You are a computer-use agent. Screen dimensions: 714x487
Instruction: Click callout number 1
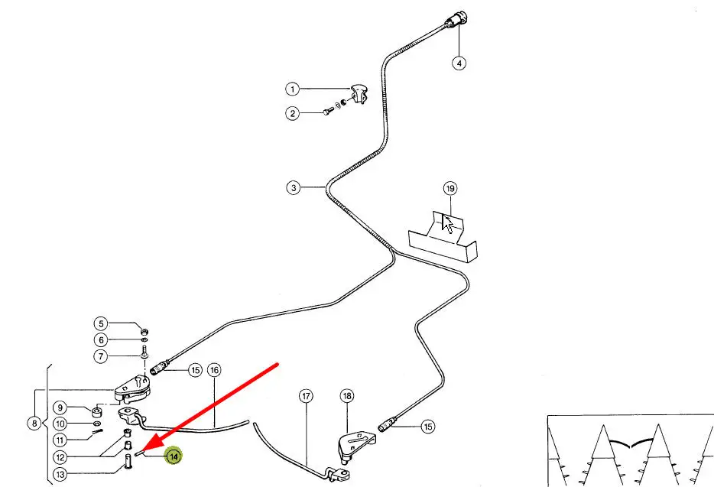[293, 89]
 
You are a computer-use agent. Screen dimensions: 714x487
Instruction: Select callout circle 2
[293, 114]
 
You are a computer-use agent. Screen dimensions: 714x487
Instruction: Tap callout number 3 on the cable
[294, 187]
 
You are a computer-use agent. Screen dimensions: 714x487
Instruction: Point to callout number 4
[459, 63]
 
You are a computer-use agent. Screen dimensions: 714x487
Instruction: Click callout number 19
[449, 188]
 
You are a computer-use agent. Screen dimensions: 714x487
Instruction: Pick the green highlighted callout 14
[174, 456]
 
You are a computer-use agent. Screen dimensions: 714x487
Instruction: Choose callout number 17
[306, 396]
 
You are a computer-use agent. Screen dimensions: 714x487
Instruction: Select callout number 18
[347, 396]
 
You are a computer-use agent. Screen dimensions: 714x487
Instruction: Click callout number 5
[102, 323]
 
